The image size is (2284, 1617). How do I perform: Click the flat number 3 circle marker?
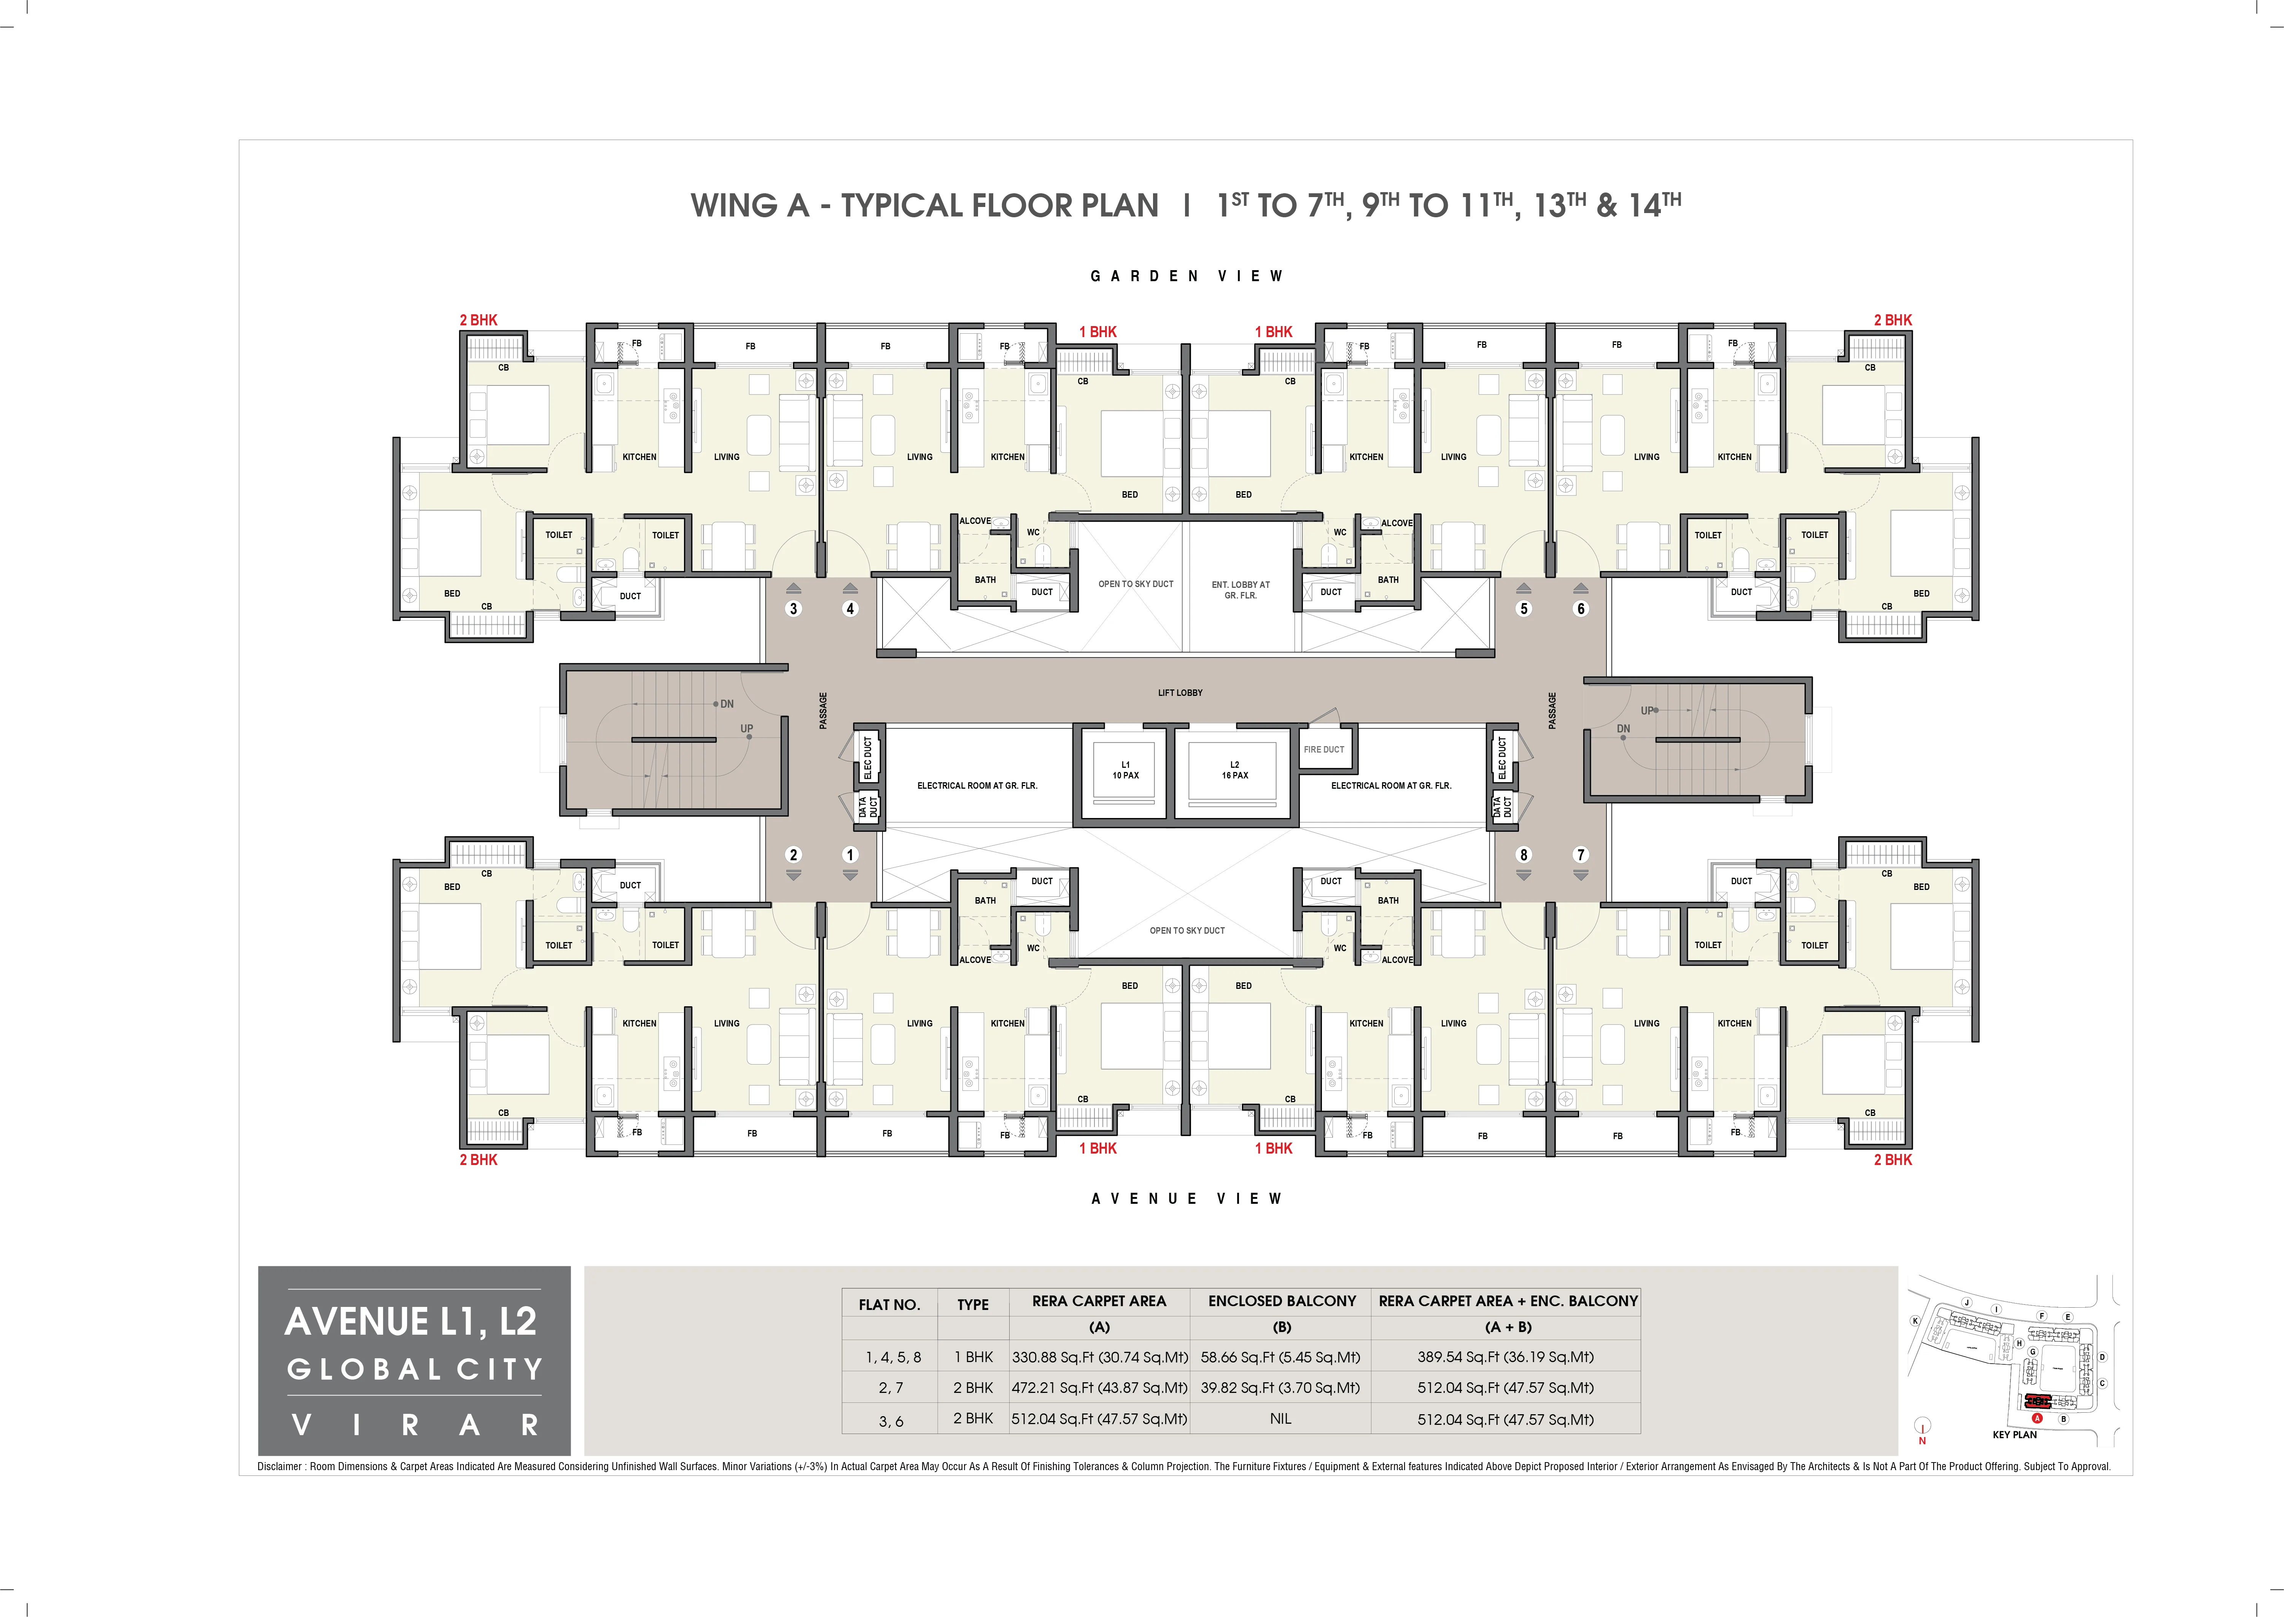794,608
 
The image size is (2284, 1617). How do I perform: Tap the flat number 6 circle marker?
1580,608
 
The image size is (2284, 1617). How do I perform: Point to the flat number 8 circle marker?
1523,854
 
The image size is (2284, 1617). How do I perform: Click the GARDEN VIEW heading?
1187,276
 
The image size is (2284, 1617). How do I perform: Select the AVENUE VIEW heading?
1187,1199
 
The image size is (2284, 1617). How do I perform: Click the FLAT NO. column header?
889,1304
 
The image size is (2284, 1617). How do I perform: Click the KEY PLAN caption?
2014,1435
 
